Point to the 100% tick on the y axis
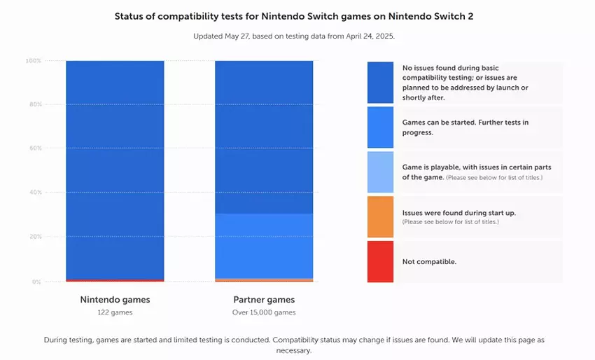[x=34, y=61]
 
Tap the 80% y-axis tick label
[x=35, y=104]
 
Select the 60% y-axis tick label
[x=35, y=148]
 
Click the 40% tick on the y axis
[x=35, y=193]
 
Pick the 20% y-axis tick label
[x=35, y=237]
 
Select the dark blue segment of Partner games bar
[x=264, y=137]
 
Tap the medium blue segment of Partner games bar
[x=264, y=246]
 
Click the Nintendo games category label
[x=115, y=300]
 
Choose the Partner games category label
[x=264, y=300]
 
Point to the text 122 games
[x=115, y=312]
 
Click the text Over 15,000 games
[x=264, y=312]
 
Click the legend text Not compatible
[x=429, y=261]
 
